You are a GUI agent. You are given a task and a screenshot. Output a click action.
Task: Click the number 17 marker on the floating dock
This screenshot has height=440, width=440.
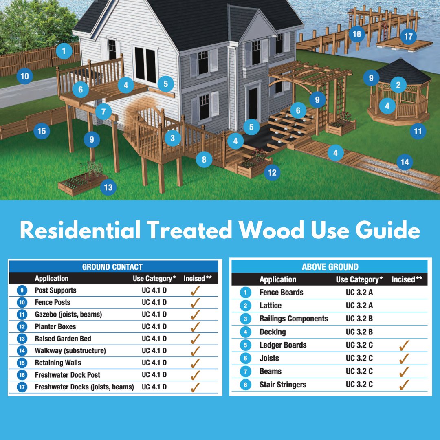[x=408, y=36]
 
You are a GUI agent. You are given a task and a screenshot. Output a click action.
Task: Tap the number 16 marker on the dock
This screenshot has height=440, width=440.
[x=357, y=34]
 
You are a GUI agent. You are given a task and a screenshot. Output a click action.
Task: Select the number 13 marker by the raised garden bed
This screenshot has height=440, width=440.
[x=108, y=187]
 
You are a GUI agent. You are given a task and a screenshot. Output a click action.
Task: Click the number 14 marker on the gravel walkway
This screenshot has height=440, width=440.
[x=405, y=162]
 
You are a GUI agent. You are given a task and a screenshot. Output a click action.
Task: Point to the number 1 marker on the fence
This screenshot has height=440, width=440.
[x=64, y=51]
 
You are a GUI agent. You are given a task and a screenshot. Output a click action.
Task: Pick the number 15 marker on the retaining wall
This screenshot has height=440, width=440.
[x=42, y=131]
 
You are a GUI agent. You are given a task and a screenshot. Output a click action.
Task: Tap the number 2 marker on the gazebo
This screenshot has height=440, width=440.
[x=398, y=85]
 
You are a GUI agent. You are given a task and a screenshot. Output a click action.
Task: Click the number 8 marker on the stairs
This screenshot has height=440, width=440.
[x=204, y=159]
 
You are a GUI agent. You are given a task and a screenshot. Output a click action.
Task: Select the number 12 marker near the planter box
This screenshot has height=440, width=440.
[x=272, y=173]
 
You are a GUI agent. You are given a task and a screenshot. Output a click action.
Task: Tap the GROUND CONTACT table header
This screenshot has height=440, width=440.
[x=112, y=267]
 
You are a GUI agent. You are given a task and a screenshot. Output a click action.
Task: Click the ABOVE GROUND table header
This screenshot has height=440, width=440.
[x=330, y=267]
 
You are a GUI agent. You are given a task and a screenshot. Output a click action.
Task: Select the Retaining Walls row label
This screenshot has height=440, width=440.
[x=58, y=363]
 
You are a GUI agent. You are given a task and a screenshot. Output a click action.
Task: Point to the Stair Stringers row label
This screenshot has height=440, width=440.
[x=283, y=384]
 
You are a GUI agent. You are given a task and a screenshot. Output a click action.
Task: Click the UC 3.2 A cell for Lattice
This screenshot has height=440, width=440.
[x=359, y=305]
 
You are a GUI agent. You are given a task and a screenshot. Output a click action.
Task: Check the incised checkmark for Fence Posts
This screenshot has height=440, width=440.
[x=195, y=302]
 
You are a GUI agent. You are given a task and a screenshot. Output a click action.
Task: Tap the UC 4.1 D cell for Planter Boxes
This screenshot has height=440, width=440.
[x=154, y=326]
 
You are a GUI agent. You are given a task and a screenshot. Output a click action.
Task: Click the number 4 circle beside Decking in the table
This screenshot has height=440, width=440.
[x=245, y=332]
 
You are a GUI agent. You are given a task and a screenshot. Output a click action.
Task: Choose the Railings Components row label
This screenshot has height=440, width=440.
[x=293, y=319]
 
